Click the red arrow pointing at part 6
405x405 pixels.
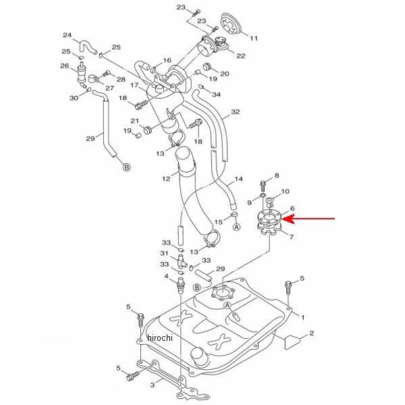tap(313, 219)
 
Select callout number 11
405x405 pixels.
tap(254, 38)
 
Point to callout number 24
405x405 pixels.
tap(67, 35)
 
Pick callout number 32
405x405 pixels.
tap(235, 112)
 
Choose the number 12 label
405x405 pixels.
tap(166, 180)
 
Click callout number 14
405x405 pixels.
tap(238, 180)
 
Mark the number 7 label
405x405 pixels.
tap(291, 236)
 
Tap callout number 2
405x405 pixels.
tap(312, 333)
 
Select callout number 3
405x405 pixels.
tap(153, 384)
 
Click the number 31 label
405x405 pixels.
tap(163, 254)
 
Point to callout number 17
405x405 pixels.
tap(134, 85)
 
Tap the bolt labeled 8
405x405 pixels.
tap(262, 184)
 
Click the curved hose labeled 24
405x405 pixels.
tap(86, 47)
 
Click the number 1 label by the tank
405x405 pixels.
tap(303, 317)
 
